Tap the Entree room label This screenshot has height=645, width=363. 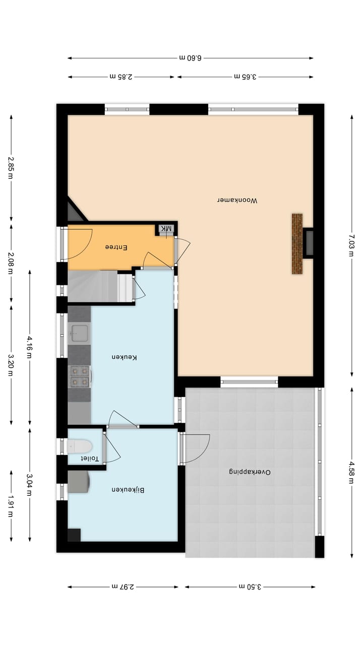[116, 247]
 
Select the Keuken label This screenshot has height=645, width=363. [125, 357]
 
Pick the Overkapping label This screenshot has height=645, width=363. [250, 472]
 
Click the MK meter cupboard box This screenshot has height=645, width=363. [166, 229]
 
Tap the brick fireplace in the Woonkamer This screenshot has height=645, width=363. [297, 244]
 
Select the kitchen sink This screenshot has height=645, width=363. [79, 333]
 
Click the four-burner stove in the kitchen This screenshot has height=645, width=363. [79, 376]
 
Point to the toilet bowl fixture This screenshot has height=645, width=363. [81, 446]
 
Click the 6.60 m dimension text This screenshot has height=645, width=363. [190, 58]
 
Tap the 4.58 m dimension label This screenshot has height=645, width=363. [351, 473]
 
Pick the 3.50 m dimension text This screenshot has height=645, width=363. [250, 587]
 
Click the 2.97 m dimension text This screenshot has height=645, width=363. [122, 587]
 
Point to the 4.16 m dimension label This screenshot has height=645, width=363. [30, 347]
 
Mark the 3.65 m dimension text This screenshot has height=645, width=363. [246, 77]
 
